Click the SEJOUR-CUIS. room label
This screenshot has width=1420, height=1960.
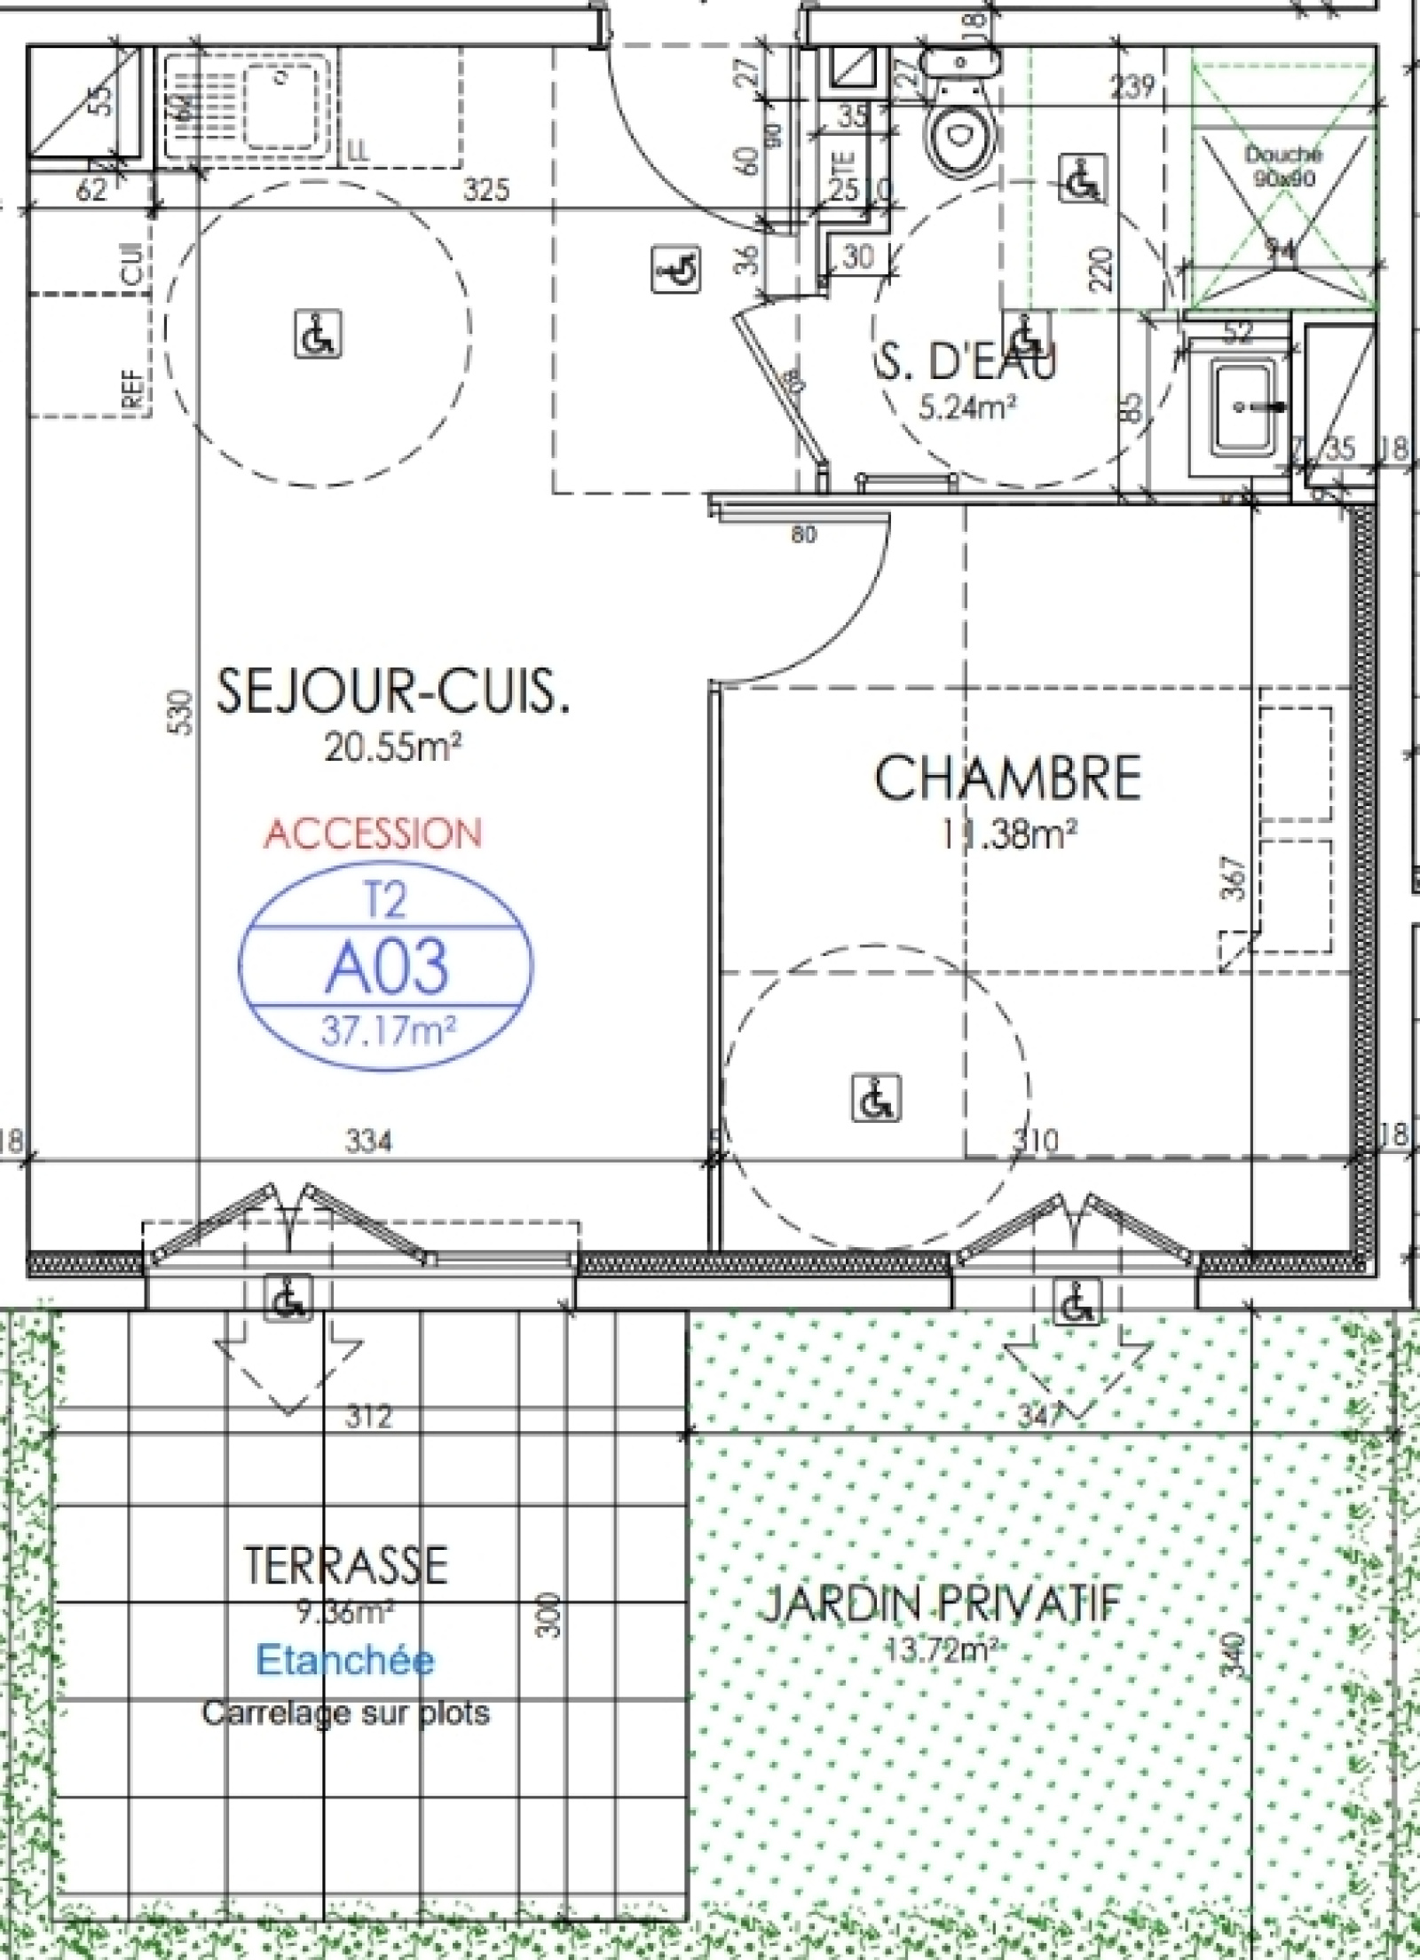[x=391, y=693]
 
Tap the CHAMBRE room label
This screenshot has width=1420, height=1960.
[x=1007, y=778]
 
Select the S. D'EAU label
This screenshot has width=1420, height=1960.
[x=967, y=362]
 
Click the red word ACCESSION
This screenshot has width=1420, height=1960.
[x=373, y=834]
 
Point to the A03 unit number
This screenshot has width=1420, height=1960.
[x=386, y=967]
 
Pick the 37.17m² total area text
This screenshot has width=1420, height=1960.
[x=389, y=1031]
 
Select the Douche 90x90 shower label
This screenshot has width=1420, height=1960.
[x=1282, y=165]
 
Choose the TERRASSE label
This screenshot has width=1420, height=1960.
[x=345, y=1564]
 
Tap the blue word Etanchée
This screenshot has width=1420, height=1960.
[x=345, y=1659]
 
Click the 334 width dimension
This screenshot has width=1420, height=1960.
[x=367, y=1141]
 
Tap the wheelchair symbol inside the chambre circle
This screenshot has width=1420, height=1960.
[x=876, y=1097]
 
